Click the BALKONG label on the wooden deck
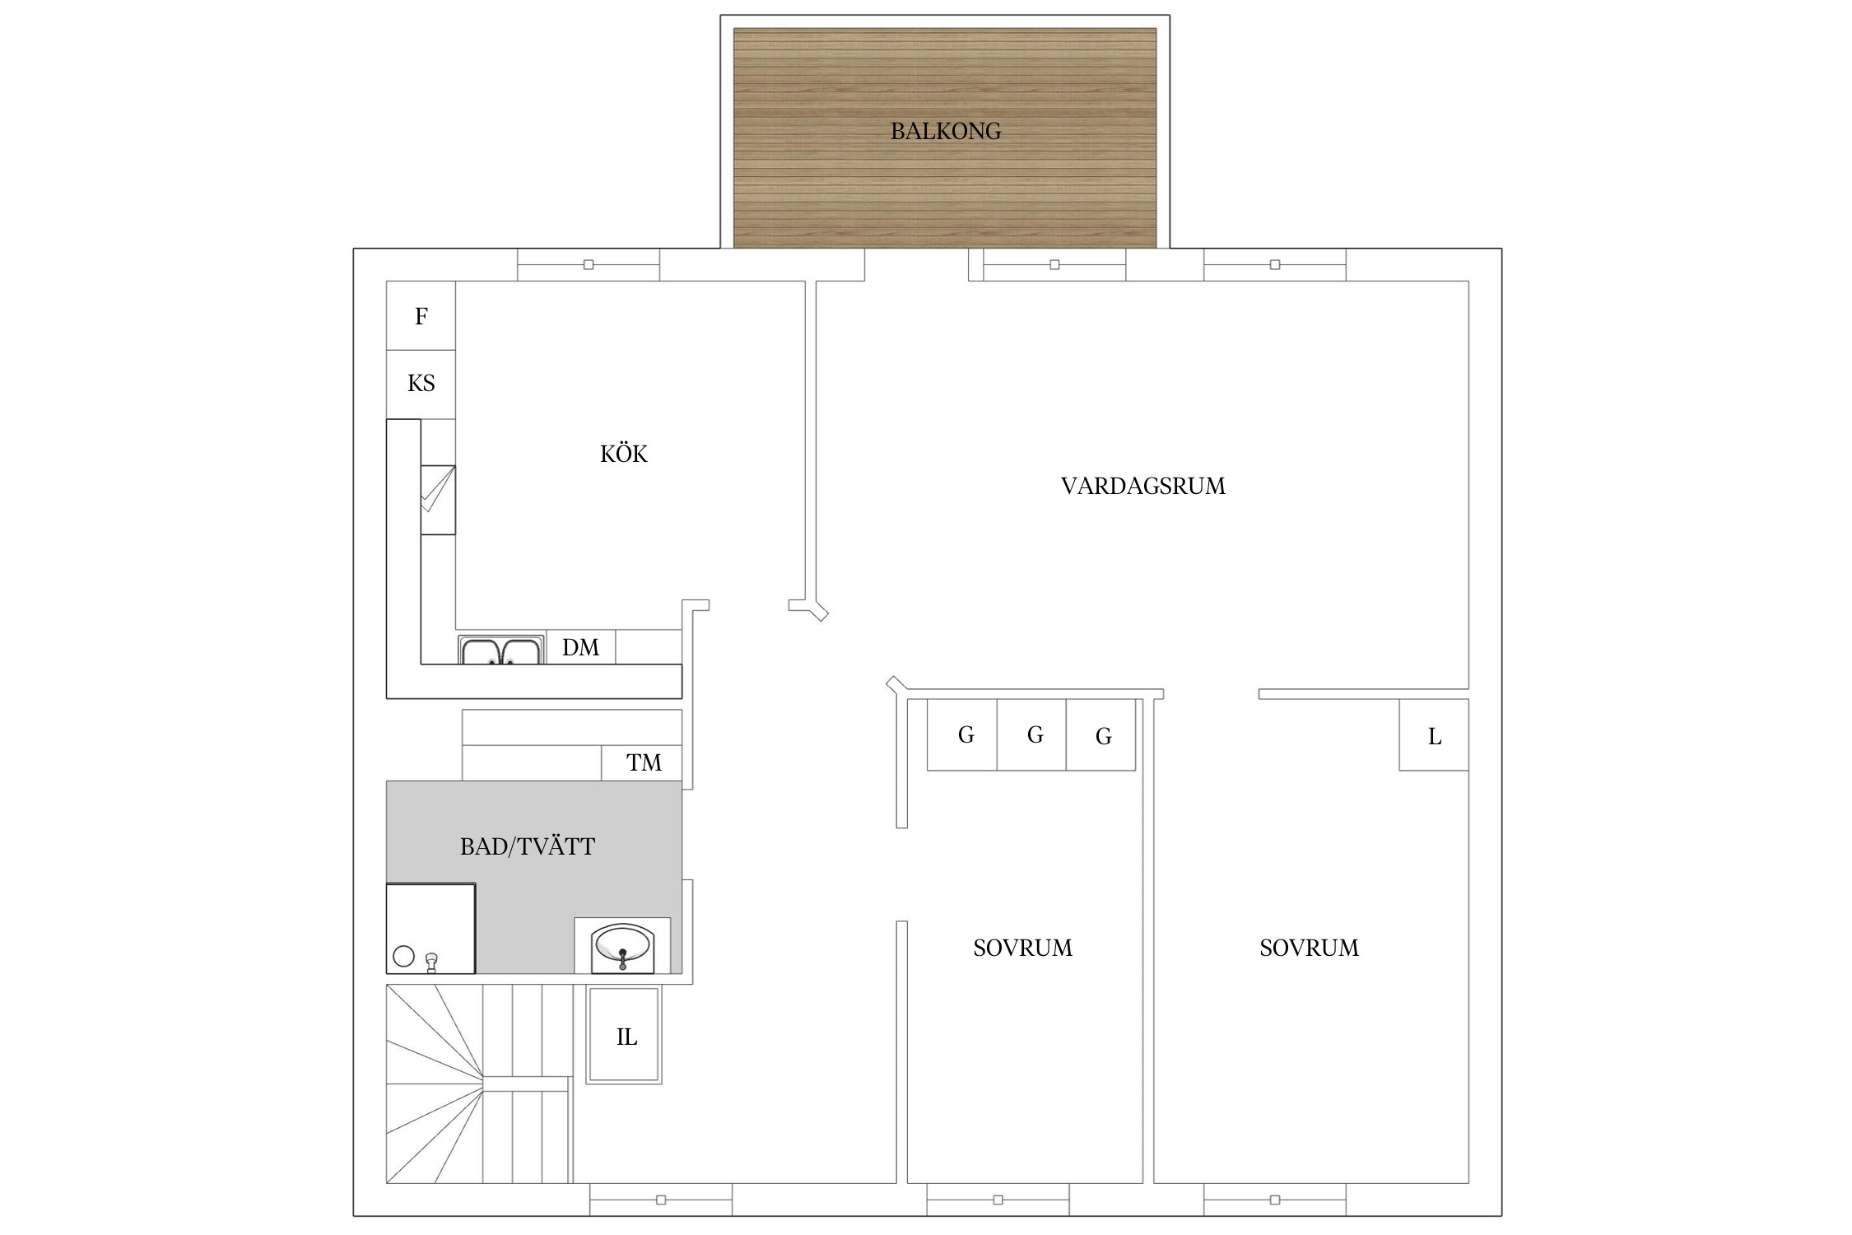coord(946,131)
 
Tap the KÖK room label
coord(624,454)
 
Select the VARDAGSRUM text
coord(1143,486)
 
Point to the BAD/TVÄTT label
coord(528,846)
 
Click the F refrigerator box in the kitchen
coord(421,316)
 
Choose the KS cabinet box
coord(421,384)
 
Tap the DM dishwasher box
coord(580,647)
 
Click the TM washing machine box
coord(642,762)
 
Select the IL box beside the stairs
coord(624,1035)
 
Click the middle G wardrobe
coord(1031,734)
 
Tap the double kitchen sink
coord(501,650)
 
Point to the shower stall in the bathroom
coord(431,929)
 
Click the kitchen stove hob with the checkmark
coord(438,500)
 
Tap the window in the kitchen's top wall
coord(589,265)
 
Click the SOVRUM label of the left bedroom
coord(1023,948)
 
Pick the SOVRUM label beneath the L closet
coord(1310,948)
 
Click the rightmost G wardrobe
coord(1101,734)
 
